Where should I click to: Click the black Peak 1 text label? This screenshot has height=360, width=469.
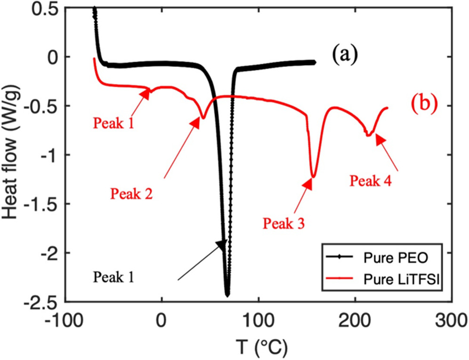point(114,276)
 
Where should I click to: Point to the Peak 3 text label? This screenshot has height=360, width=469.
point(283,223)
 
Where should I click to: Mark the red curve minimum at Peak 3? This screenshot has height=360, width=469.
point(313,177)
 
